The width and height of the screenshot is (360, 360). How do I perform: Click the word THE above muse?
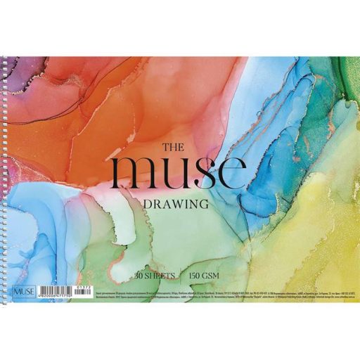point(173,148)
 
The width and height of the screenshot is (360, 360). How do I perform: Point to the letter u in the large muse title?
point(176,176)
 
